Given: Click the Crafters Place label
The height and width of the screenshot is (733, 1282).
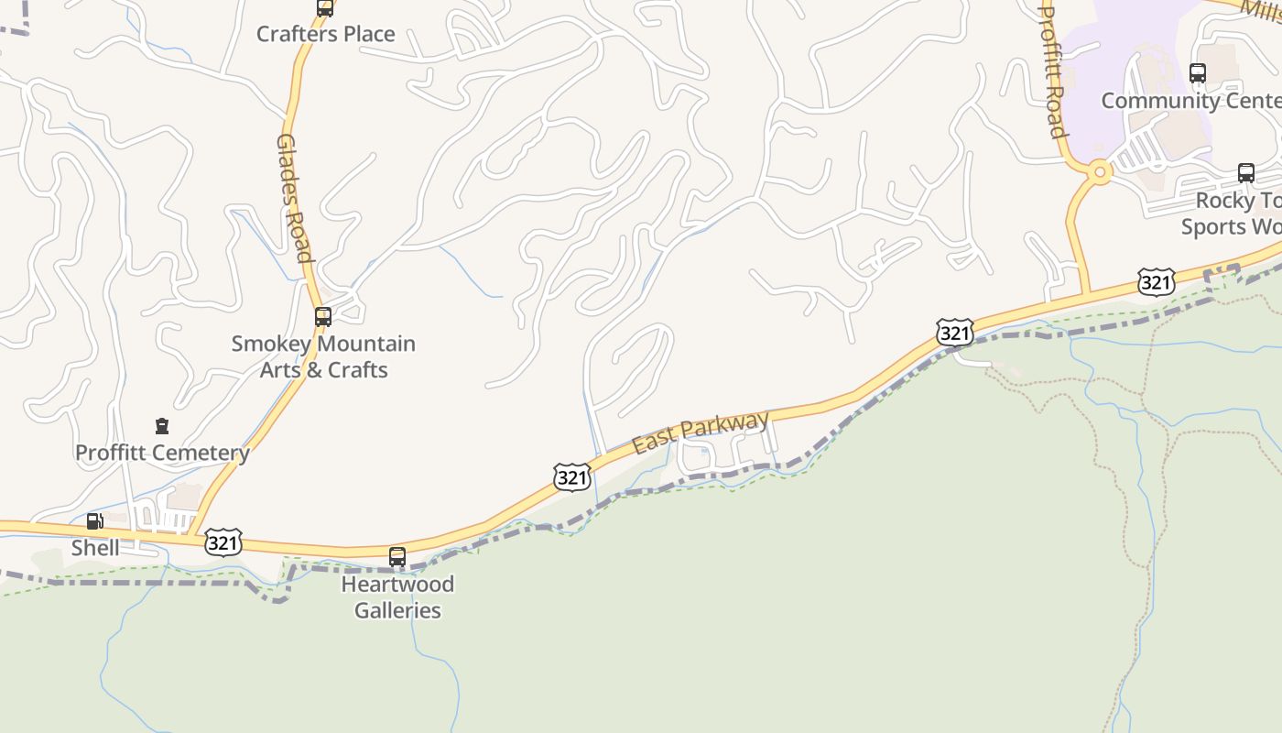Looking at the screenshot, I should coord(325,34).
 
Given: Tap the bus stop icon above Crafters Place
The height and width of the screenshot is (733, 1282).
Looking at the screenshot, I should coord(324,8).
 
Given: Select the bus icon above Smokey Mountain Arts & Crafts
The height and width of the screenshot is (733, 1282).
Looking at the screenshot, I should coord(323,317).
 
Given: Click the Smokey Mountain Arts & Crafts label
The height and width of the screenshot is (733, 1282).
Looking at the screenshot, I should coord(323,356).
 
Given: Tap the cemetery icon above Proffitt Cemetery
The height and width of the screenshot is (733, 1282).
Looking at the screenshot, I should coord(162,426).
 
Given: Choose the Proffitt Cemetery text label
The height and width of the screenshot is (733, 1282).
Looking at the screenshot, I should coord(162,453).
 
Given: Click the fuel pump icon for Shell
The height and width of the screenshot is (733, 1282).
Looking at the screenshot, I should coord(94,521).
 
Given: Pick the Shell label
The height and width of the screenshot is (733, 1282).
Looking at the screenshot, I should coord(95,548).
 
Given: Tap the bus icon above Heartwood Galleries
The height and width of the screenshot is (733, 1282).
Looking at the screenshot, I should coord(397,556).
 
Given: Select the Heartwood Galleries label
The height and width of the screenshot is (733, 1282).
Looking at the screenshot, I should coord(397,596).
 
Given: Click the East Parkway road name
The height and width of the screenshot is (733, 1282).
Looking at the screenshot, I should coord(701,432).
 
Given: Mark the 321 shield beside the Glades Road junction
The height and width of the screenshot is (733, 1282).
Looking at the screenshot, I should coord(223,542).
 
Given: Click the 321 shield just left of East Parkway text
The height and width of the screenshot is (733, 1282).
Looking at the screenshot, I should coord(571,476).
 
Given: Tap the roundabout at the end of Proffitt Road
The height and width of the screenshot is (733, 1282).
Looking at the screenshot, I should coord(1100,170).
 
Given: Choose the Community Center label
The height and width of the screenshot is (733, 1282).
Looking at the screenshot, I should coord(1190,100).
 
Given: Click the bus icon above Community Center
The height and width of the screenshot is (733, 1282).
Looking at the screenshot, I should coord(1197,73).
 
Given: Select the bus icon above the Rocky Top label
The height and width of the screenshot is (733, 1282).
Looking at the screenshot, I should coord(1245,172).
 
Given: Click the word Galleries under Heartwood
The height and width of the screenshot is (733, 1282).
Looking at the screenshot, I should coord(397,610).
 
